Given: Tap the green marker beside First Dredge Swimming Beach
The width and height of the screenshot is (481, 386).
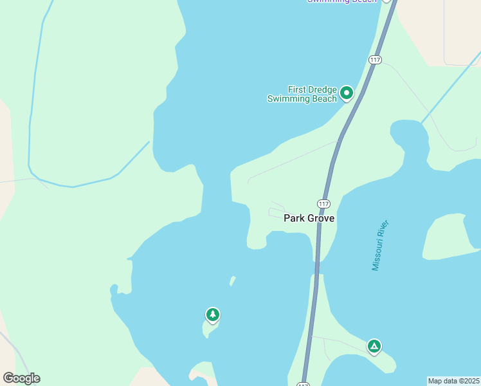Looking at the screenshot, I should [x=347, y=93].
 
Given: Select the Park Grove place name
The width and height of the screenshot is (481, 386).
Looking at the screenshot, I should [x=309, y=218].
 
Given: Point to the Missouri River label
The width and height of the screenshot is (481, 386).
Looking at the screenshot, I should [x=381, y=246].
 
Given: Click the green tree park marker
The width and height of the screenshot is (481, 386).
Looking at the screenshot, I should [x=212, y=315].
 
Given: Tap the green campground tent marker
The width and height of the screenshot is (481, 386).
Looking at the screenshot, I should [x=374, y=346].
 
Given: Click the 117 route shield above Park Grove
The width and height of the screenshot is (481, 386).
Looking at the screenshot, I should [x=323, y=203].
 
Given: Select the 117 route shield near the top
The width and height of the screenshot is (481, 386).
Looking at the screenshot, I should [x=376, y=60].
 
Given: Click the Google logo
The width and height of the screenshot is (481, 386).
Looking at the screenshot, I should [x=21, y=378].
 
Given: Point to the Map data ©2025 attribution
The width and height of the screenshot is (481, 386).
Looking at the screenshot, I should [x=453, y=381].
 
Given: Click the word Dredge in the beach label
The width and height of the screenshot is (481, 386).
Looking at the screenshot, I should [x=322, y=89].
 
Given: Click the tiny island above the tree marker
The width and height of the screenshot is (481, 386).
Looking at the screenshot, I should [x=233, y=280].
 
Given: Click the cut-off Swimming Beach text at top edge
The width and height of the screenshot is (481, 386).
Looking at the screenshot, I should [x=341, y=1].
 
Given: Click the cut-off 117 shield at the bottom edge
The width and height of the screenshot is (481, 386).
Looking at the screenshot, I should [x=303, y=384].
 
